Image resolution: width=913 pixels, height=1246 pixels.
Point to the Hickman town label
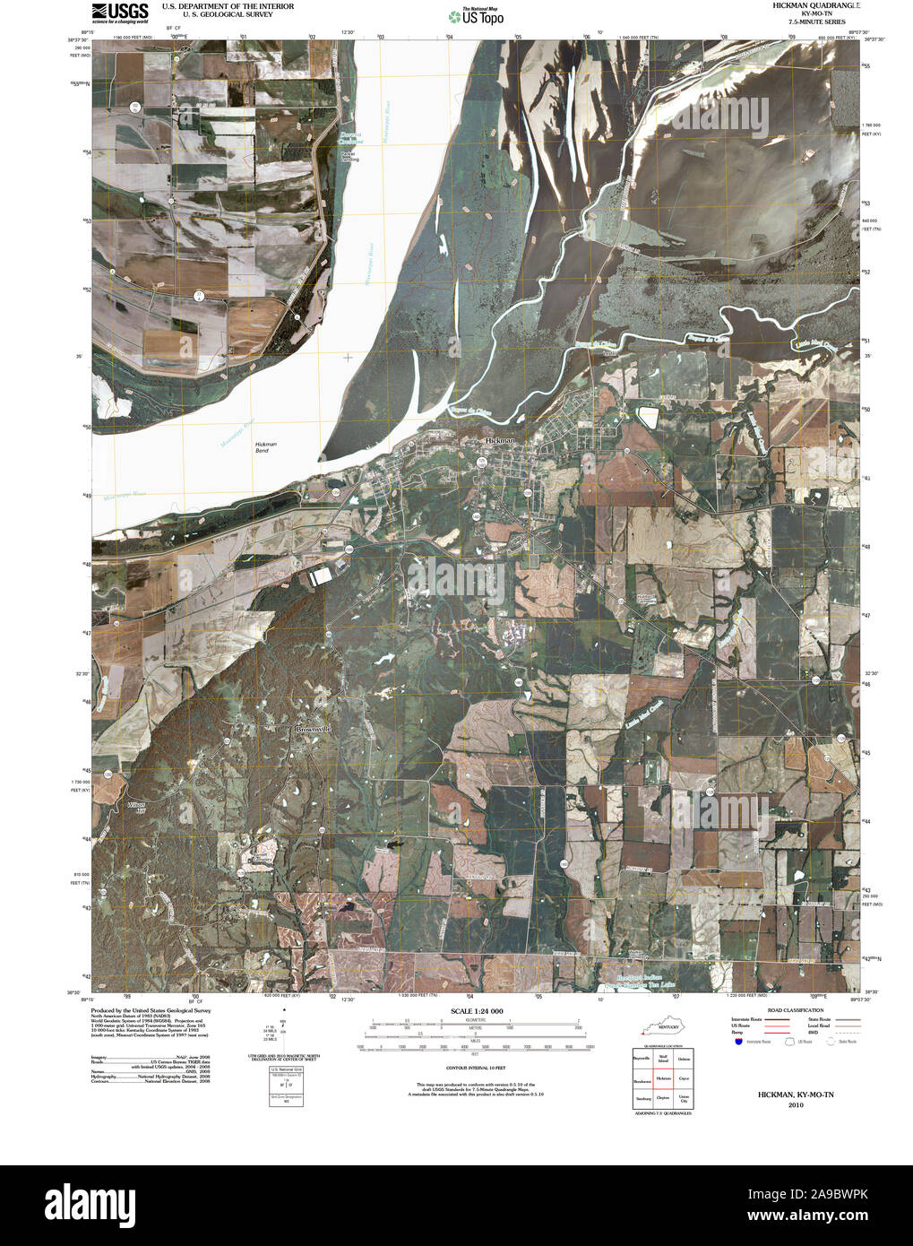tap(500, 441)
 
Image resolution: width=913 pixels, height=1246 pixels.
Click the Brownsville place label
tap(314, 730)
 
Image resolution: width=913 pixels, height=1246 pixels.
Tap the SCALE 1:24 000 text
tap(477, 1011)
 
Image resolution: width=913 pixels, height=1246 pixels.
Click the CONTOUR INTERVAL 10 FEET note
tap(476, 1069)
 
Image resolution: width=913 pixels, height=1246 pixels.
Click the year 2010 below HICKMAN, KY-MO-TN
tap(797, 1104)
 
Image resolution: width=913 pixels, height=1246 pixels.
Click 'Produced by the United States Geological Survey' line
tap(151, 1010)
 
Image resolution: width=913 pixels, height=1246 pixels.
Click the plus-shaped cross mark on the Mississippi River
tap(348, 358)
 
